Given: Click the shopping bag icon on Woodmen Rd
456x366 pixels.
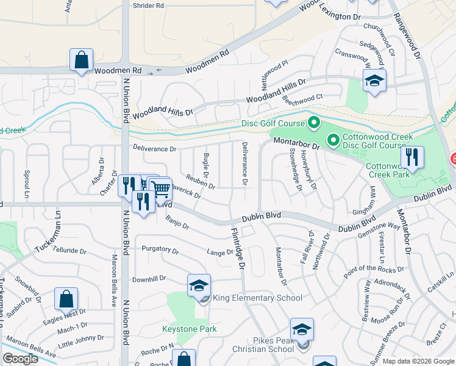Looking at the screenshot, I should (x=81, y=60).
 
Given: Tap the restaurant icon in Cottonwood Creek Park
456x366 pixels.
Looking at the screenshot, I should (x=412, y=158).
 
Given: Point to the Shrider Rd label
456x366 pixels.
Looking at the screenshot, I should (x=148, y=5).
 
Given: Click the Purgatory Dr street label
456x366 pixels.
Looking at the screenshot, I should (x=160, y=250).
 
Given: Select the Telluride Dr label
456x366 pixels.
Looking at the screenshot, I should (x=69, y=250).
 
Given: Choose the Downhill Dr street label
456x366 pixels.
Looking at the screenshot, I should (x=149, y=279).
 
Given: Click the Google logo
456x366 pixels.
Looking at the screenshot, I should (x=20, y=359).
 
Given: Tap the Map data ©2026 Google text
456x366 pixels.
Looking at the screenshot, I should (x=418, y=361).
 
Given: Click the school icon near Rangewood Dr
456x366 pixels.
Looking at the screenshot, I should (x=374, y=80).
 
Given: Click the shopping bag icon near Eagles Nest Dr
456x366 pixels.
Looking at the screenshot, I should (x=66, y=300).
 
